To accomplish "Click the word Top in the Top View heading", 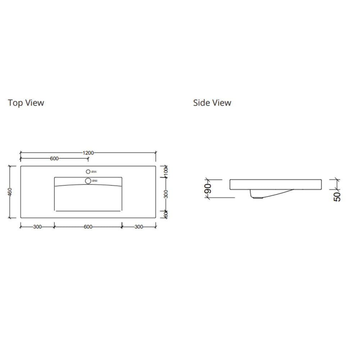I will click(15, 103).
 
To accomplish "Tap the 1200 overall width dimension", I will click(88, 153).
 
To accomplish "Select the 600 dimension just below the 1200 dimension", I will click(54, 159).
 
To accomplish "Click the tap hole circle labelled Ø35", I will click(88, 172).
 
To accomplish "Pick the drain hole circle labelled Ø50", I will click(88, 181).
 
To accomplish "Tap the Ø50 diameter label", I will click(94, 181).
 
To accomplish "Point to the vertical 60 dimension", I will click(166, 214).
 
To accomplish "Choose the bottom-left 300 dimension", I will click(37, 227).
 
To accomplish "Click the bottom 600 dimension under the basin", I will click(88, 227).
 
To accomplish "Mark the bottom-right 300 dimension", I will click(139, 227).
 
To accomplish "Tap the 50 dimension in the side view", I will click(337, 196).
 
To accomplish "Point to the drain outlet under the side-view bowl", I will click(257, 197).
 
